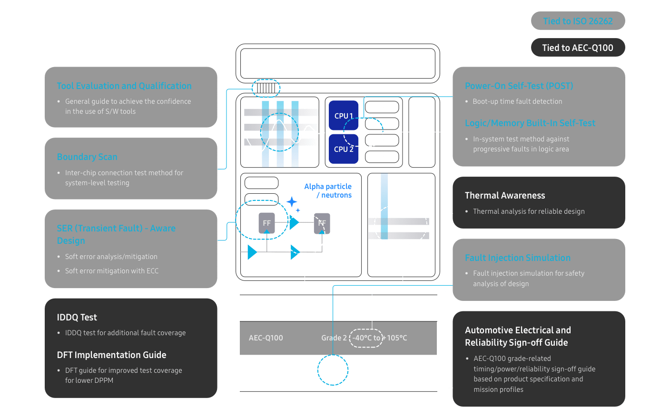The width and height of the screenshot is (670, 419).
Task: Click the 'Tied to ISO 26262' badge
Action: pos(578,21)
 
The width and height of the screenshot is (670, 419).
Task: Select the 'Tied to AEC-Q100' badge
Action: pos(578,48)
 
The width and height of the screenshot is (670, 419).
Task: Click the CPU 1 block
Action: pos(343,116)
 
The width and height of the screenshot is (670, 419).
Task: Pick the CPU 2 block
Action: pos(343,149)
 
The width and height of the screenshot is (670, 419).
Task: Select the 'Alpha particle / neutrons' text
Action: pos(328,190)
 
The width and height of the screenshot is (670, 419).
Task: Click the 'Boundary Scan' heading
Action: pos(87,157)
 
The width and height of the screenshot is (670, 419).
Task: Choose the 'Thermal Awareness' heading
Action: pos(505,196)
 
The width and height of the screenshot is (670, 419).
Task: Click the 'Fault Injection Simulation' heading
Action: pos(517,258)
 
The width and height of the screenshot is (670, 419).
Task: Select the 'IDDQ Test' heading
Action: pos(77,318)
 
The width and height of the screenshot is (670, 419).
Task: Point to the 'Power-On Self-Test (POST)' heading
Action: pos(519,86)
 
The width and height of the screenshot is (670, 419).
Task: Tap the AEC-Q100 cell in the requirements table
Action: pos(266,338)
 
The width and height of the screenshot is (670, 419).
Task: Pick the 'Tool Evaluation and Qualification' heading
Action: pos(124,86)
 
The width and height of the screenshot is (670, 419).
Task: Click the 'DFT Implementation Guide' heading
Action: pos(111,355)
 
